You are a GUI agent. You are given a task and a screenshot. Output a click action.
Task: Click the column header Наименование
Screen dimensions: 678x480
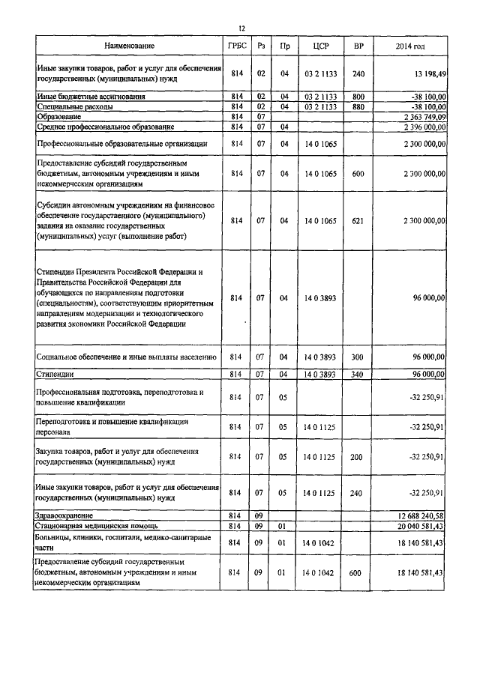[130, 46]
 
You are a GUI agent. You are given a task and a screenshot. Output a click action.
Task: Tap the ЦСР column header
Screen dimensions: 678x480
[316, 46]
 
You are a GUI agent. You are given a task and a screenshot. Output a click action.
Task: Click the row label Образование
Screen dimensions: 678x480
[61, 117]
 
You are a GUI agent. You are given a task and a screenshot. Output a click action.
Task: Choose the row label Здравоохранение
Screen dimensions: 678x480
[70, 516]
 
